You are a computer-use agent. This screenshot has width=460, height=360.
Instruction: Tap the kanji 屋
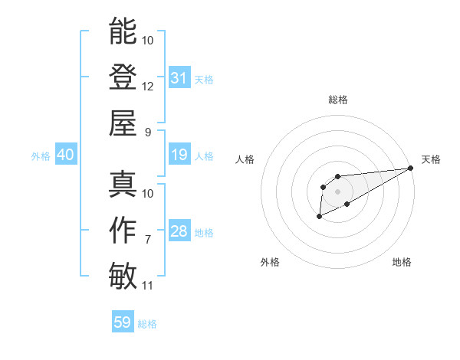click(123, 123)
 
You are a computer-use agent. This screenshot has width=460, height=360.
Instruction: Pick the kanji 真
click(123, 184)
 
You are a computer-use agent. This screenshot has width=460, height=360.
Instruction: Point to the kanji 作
click(123, 230)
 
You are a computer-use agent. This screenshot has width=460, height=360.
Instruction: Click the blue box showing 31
click(179, 78)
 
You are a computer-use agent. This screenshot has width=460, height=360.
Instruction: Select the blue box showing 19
click(179, 155)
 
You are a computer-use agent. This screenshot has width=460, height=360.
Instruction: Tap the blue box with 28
click(179, 232)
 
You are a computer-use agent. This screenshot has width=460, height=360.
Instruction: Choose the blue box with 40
click(65, 155)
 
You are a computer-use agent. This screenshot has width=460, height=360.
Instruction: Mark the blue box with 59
click(123, 322)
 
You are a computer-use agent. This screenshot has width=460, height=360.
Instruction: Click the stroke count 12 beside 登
click(148, 86)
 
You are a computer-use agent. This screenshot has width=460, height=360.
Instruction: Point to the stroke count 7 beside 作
click(148, 240)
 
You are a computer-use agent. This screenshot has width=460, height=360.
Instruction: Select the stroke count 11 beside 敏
click(148, 286)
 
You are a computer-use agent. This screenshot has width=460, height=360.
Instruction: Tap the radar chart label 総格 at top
click(337, 100)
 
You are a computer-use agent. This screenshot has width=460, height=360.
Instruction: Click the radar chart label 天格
click(431, 159)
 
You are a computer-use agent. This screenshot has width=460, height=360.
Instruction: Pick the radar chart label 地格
click(402, 262)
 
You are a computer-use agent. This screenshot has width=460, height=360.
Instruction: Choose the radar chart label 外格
click(270, 262)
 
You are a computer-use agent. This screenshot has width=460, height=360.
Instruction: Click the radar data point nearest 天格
click(411, 168)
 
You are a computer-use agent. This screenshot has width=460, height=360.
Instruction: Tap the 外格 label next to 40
click(41, 156)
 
